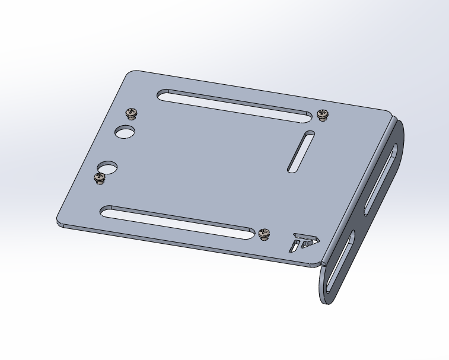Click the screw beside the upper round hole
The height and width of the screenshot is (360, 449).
point(131,113)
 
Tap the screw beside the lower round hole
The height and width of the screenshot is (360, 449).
point(100,178)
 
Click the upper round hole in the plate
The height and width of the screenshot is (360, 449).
point(125,131)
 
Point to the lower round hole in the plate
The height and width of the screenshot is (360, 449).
point(107,168)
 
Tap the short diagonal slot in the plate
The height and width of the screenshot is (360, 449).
point(301,152)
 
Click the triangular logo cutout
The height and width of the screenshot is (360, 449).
point(304,242)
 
